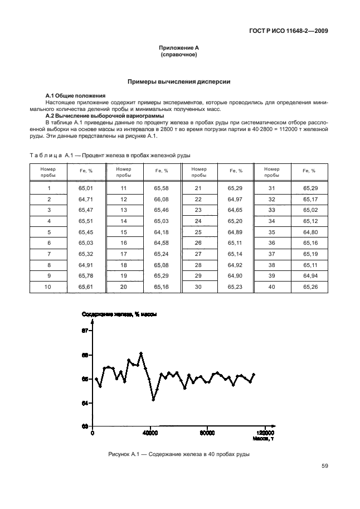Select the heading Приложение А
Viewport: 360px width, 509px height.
[x=179, y=49]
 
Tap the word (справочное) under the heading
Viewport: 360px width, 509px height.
[x=179, y=56]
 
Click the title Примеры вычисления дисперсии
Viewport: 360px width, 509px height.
[x=179, y=82]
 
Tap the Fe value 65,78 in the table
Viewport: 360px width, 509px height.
[x=86, y=275]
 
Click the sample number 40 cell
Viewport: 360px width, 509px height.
[x=271, y=287]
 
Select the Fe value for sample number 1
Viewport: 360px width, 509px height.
[x=86, y=188]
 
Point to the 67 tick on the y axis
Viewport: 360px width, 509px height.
[x=85, y=331]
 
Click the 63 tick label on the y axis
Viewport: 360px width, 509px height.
[x=85, y=426]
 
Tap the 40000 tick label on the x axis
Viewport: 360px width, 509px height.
[x=150, y=433]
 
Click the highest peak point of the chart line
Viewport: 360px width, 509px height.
[x=141, y=353]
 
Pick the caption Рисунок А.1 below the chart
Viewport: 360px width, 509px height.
[x=178, y=454]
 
